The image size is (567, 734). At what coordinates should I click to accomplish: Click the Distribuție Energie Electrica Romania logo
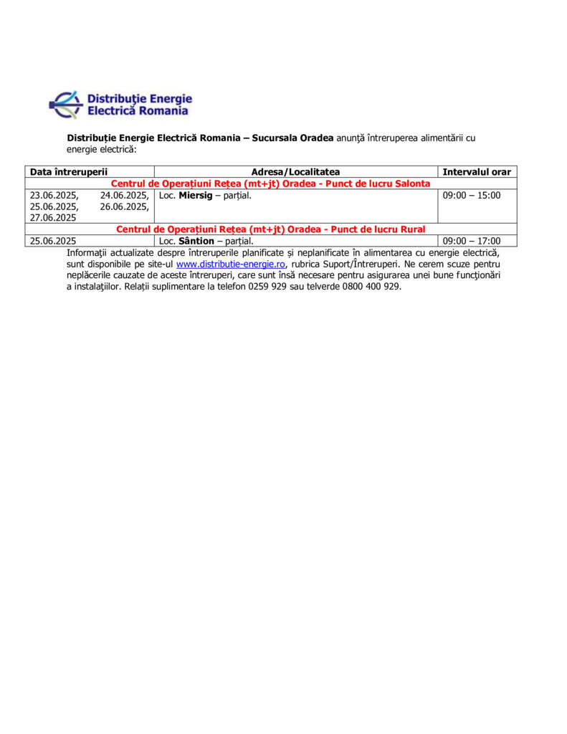click(x=120, y=105)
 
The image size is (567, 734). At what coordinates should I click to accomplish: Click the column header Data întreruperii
click(x=69, y=172)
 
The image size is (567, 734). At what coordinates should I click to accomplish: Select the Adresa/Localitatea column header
click(x=295, y=172)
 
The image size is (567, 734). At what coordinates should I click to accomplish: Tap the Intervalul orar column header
click(x=477, y=172)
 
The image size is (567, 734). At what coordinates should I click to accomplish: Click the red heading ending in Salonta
click(x=271, y=183)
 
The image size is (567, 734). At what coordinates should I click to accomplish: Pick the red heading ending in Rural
click(x=271, y=229)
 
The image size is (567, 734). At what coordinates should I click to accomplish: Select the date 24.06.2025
click(x=124, y=195)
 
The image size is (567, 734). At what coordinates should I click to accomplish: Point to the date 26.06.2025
click(x=124, y=206)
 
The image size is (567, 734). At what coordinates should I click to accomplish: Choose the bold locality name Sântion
click(x=196, y=241)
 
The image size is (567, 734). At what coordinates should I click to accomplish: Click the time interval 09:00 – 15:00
click(x=472, y=195)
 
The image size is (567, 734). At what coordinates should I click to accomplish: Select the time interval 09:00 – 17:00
click(x=472, y=241)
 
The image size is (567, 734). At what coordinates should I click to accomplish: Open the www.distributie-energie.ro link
click(x=230, y=264)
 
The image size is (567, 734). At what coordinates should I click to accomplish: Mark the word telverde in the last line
click(x=319, y=287)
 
